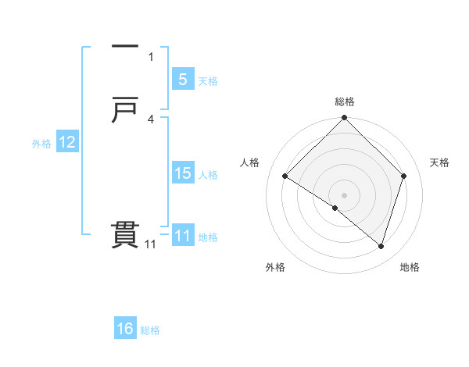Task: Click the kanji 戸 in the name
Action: (125, 110)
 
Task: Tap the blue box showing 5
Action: (182, 79)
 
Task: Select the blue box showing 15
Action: (182, 173)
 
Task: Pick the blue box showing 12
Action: (66, 142)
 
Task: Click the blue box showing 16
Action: (125, 329)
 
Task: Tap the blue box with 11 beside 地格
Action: (182, 236)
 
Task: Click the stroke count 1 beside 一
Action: (151, 57)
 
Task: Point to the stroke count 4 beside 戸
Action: (151, 119)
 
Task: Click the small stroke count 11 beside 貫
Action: (150, 244)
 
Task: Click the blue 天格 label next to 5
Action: (208, 80)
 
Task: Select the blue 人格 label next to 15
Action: (208, 175)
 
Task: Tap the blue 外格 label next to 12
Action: (41, 144)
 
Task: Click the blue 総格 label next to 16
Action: (151, 330)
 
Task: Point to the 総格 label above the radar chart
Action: (345, 102)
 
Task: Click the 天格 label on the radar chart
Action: (439, 162)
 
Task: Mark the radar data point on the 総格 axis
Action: (345, 119)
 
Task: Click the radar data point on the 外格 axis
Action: (335, 208)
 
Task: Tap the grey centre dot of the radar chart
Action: (345, 194)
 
